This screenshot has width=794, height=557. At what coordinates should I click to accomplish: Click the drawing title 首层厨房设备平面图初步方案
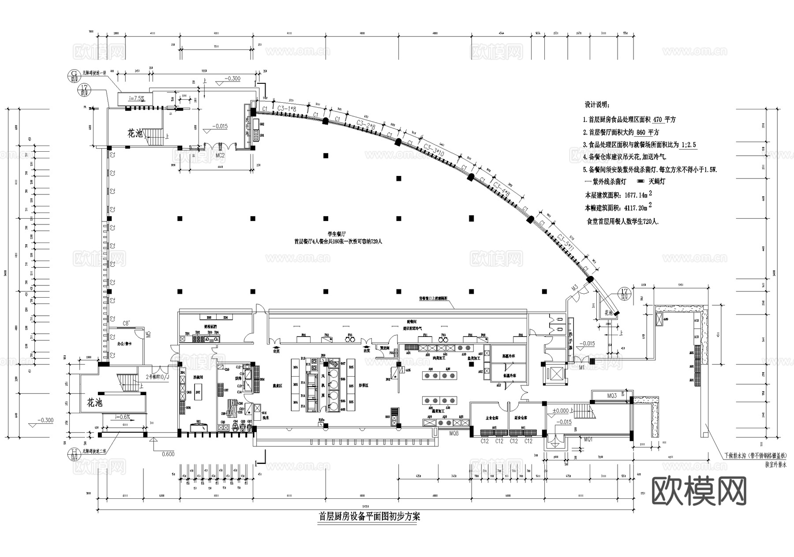point(369,516)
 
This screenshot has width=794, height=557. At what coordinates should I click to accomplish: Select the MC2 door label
point(220,155)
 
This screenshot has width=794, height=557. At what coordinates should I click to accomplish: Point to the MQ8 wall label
point(454,434)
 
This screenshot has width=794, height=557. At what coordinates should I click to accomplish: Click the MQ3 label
point(611,396)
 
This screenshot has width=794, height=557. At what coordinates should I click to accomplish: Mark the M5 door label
point(149,334)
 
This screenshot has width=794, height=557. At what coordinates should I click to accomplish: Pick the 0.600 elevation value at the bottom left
point(168,454)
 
